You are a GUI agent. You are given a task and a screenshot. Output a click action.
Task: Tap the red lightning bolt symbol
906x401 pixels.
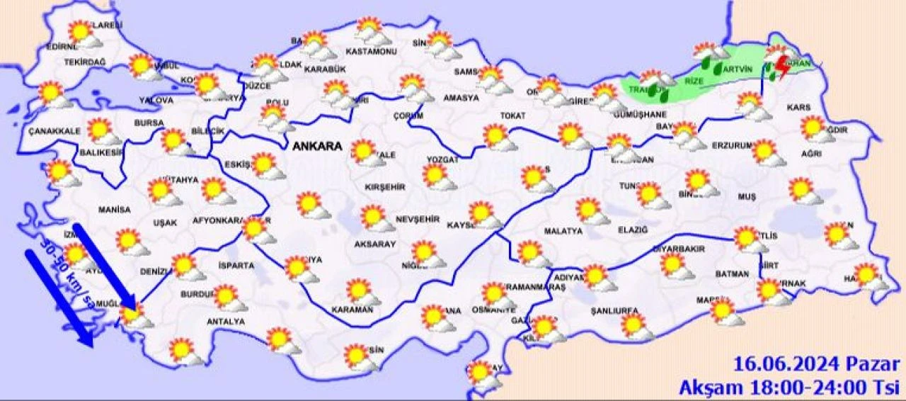(x=782, y=68)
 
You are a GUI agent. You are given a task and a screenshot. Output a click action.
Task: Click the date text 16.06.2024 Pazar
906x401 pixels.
(x=816, y=365)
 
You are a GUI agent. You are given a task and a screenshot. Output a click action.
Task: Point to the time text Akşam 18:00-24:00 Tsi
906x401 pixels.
(x=789, y=388)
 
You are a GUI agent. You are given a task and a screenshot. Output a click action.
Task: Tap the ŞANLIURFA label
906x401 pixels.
(x=614, y=311)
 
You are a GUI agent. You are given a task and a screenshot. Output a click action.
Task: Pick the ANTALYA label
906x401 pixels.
(x=224, y=322)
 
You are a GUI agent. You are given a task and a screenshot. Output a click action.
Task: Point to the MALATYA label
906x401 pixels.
(x=563, y=231)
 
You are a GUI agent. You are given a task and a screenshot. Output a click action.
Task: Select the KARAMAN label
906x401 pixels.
(x=352, y=310)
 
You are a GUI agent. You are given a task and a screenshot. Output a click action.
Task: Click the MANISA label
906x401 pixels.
(x=115, y=210)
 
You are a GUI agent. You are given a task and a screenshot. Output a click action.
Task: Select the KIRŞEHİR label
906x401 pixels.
(x=384, y=187)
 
